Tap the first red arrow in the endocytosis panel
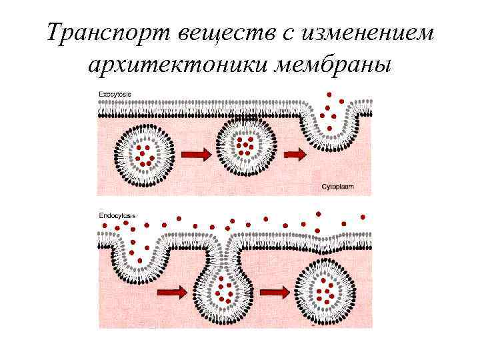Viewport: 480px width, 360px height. click(171, 291)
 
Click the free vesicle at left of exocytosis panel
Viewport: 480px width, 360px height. click(144, 156)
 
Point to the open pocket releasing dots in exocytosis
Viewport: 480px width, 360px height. click(329, 120)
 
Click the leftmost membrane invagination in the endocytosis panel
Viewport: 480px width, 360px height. click(140, 257)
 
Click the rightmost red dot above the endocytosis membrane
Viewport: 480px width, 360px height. click(363, 217)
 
